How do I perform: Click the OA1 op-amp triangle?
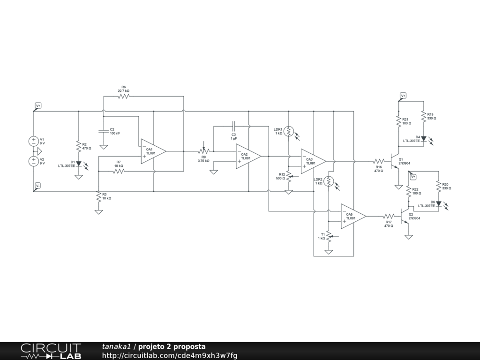pyautogui.click(x=152, y=151)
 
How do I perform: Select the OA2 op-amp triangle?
pyautogui.click(x=247, y=156)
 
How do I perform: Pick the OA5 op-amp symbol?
pyautogui.click(x=352, y=216)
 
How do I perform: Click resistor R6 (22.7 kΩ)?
pyautogui.click(x=123, y=96)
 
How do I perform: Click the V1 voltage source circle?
pyautogui.click(x=34, y=141)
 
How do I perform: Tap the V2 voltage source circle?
pyautogui.click(x=34, y=161)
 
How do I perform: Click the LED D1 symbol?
pyautogui.click(x=79, y=164)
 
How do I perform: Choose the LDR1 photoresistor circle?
pyautogui.click(x=289, y=131)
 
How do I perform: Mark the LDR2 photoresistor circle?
pyautogui.click(x=329, y=181)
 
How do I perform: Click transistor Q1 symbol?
pyautogui.click(x=395, y=161)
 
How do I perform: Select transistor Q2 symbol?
pyautogui.click(x=405, y=216)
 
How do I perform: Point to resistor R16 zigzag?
pyautogui.click(x=379, y=161)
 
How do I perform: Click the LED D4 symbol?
pyautogui.click(x=423, y=139)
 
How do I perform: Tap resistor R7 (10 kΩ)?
pyautogui.click(x=119, y=171)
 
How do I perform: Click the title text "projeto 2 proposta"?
pyautogui.click(x=172, y=347)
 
